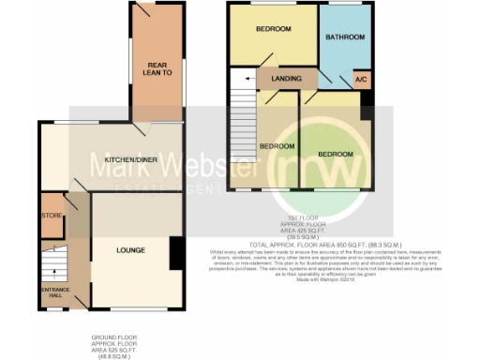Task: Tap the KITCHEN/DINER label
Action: click(131, 160)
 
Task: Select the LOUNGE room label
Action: click(129, 250)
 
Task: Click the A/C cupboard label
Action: click(359, 82)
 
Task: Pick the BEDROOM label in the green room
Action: click(335, 153)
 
